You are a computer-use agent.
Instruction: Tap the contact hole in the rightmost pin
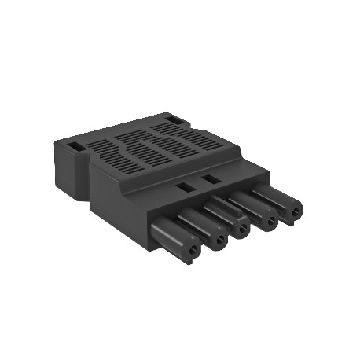[294, 210]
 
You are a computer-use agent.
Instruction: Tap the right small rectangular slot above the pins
[209, 180]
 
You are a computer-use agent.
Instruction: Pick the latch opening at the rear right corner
[174, 122]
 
